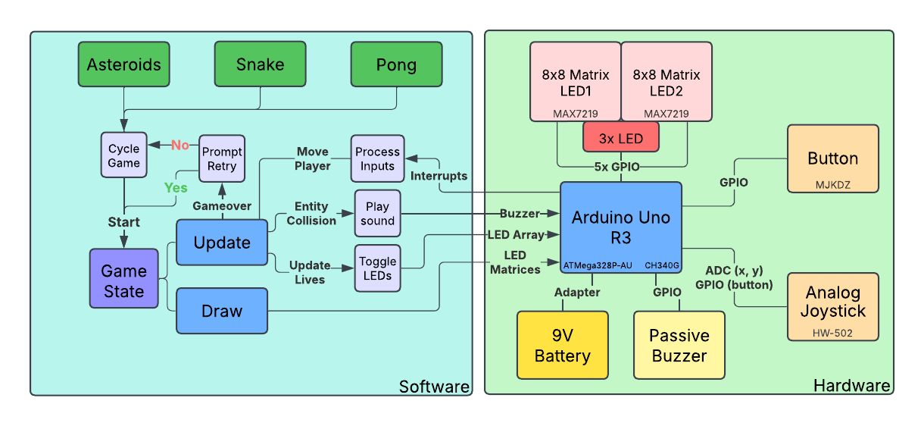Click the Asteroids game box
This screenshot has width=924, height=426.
124,64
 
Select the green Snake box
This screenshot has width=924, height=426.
260,64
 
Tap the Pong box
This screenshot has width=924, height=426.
396,64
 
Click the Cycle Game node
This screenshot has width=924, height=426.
123,156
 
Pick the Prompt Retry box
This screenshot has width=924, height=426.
222,159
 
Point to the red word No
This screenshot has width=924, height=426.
180,145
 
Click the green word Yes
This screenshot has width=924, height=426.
176,186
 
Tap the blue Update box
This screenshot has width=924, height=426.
222,243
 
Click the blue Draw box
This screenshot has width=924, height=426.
222,311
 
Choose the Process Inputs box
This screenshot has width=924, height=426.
377,159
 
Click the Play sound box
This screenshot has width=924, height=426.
377,214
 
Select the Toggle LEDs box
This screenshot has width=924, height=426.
377,268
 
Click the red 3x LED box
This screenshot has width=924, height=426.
621,138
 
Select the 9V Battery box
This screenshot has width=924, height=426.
562,345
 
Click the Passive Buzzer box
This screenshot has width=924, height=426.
679,345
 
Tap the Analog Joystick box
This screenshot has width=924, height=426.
833,306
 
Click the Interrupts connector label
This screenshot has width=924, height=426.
439,176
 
